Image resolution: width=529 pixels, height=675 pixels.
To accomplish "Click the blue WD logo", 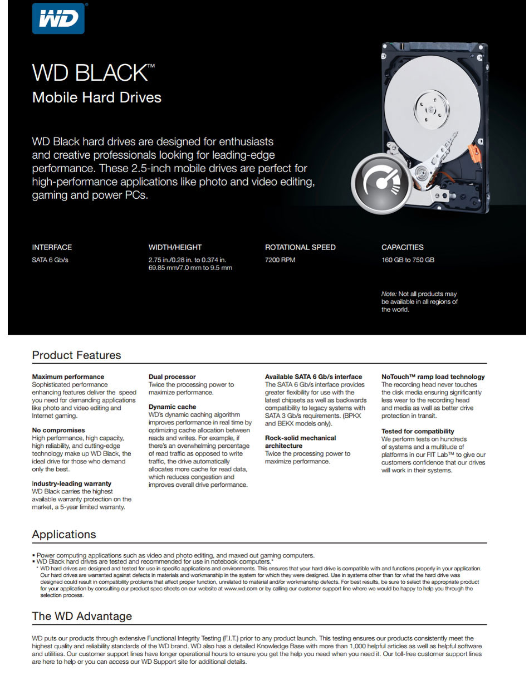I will pyautogui.click(x=58, y=18).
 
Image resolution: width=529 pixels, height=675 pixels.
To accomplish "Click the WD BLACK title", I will pyautogui.click(x=90, y=73).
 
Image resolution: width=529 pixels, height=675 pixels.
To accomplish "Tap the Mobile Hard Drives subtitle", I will pyautogui.click(x=96, y=97).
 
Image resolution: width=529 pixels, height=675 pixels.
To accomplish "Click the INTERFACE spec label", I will pyautogui.click(x=52, y=247).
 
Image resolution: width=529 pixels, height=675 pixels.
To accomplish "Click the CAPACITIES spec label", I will pyautogui.click(x=402, y=247).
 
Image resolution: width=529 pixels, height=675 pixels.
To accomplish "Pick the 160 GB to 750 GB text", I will pyautogui.click(x=408, y=260).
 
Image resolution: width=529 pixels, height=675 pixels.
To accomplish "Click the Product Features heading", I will pyautogui.click(x=76, y=355).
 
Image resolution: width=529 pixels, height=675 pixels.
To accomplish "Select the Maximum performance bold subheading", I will pyautogui.click(x=68, y=377).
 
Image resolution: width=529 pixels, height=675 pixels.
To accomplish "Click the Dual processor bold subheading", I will pyautogui.click(x=172, y=377).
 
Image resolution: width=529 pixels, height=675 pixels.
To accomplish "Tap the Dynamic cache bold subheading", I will pyautogui.click(x=172, y=407).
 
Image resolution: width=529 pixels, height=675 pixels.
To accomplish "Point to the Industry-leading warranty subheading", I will pyautogui.click(x=71, y=484).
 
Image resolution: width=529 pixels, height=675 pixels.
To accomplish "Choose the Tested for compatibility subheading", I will pyautogui.click(x=418, y=432).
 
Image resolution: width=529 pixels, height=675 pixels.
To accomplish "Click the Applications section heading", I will pyautogui.click(x=64, y=535).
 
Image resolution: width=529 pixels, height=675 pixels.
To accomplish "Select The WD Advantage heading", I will pyautogui.click(x=82, y=617).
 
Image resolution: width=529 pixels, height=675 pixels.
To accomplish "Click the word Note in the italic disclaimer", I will pyautogui.click(x=388, y=294).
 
